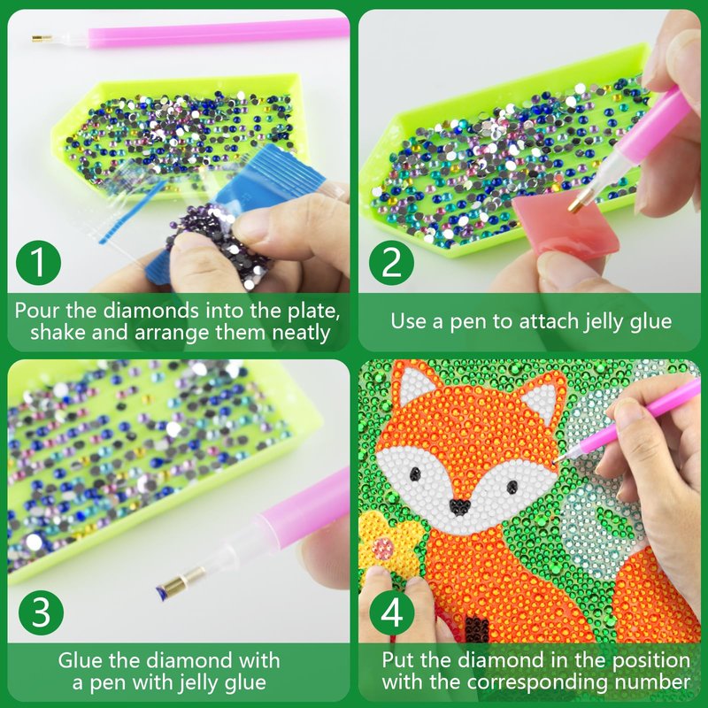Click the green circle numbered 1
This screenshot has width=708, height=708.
(38, 262)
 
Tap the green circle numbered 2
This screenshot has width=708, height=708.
(391, 262)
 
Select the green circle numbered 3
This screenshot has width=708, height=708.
(41, 612)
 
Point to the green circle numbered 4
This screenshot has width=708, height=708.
(392, 612)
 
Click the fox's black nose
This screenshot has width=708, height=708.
(460, 505)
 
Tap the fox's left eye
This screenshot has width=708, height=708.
(415, 473)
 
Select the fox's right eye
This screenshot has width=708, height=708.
(512, 486)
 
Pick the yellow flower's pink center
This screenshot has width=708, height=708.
(382, 549)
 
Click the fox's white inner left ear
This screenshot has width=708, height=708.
(414, 385)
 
